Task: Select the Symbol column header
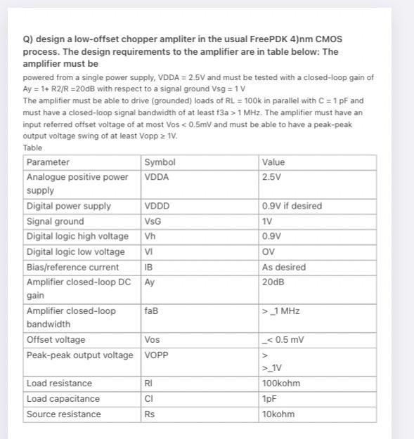[x=160, y=162]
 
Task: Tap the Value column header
[x=273, y=162]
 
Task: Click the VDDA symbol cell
[x=157, y=177]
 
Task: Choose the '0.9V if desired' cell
[x=292, y=206]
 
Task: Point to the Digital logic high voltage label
[x=77, y=236]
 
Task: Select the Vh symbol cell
[x=150, y=236]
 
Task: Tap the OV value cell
[x=269, y=251]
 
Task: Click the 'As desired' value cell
[x=283, y=267]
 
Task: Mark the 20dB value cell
[x=273, y=282]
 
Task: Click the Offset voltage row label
[x=55, y=340]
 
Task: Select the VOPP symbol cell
[x=157, y=355]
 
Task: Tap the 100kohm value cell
[x=280, y=384]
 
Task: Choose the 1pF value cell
[x=269, y=399]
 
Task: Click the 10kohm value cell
[x=278, y=414]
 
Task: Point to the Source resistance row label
[x=63, y=414]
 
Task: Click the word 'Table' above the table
[x=32, y=148]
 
